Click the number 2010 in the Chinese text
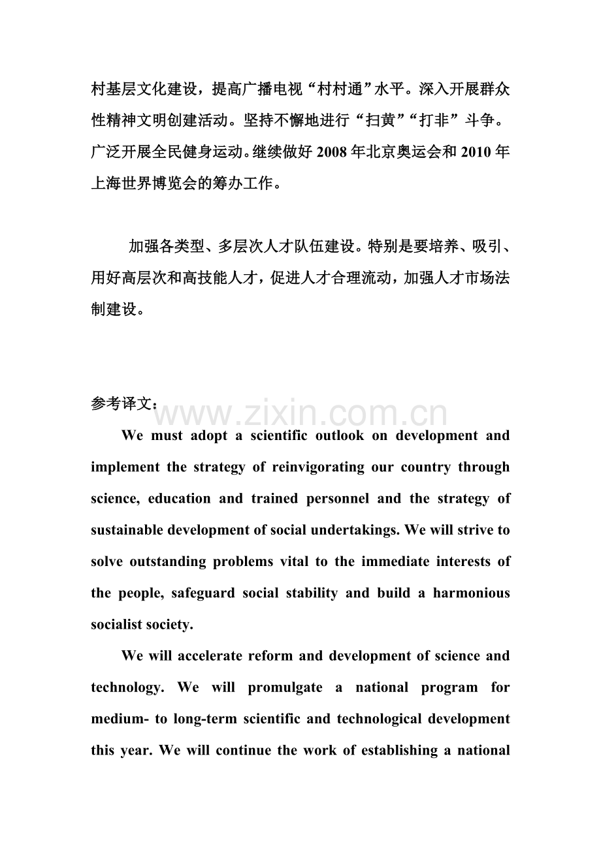[477, 152]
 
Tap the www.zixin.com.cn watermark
[300, 415]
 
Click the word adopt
[208, 435]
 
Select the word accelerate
[208, 655]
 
